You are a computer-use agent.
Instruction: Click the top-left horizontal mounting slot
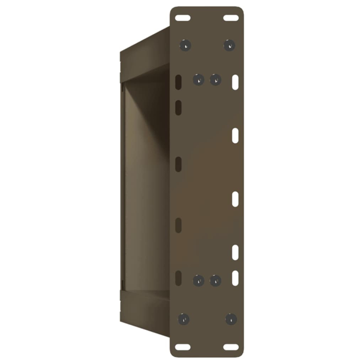(183, 18)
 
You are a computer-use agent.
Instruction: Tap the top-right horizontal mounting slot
(231, 18)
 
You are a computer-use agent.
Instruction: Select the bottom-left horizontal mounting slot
(183, 347)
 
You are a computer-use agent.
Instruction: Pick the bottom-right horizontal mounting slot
(231, 347)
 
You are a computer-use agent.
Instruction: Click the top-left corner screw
(185, 45)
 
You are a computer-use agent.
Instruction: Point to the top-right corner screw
(229, 45)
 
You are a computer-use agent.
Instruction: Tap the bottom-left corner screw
(183, 319)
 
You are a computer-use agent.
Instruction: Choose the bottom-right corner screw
(231, 319)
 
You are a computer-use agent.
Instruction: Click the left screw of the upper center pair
(199, 80)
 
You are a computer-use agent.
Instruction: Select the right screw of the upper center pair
(215, 80)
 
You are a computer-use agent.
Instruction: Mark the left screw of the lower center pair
(199, 280)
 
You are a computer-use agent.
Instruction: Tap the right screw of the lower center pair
(215, 280)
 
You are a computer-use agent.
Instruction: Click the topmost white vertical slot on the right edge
(235, 82)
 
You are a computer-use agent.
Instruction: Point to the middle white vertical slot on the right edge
(235, 199)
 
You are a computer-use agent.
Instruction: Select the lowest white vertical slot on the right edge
(235, 278)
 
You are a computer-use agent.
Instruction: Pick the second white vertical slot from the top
(235, 136)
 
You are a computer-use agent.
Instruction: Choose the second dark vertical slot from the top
(178, 107)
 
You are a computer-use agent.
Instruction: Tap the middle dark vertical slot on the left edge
(178, 164)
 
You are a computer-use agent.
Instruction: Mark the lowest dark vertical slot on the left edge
(178, 278)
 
